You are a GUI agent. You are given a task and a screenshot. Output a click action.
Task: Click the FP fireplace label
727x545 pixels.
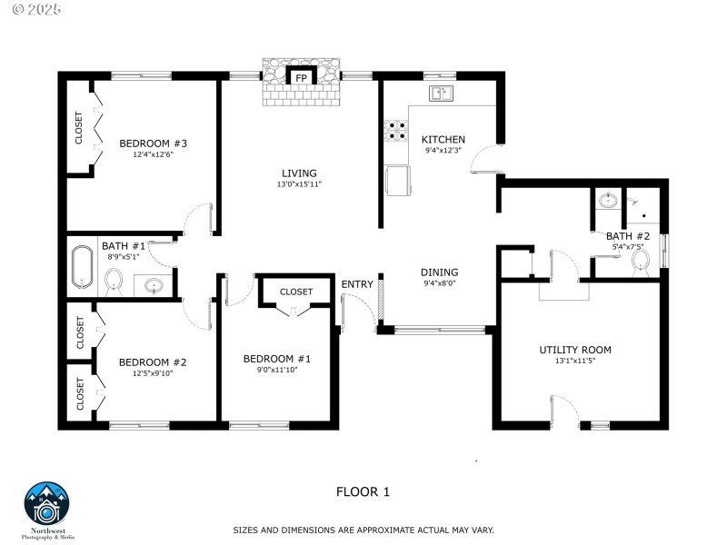click(x=300, y=78)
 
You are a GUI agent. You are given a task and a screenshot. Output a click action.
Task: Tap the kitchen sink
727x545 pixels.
click(x=443, y=93)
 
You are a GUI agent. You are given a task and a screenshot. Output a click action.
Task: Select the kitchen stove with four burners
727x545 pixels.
click(x=397, y=132)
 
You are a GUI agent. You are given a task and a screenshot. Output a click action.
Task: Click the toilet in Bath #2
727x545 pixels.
click(x=641, y=261)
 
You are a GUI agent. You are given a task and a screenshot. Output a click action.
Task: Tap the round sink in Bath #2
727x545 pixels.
click(x=608, y=202)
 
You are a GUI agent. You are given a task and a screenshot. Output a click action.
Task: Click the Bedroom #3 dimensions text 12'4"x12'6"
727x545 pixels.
click(x=153, y=154)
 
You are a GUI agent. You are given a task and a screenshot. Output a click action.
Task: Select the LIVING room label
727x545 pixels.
click(x=299, y=173)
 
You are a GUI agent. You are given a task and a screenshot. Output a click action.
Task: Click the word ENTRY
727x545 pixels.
click(x=357, y=284)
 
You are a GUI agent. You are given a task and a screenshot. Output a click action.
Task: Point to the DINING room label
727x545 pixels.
click(x=439, y=272)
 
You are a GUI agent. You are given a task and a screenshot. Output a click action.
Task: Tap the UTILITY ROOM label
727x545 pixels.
click(x=574, y=350)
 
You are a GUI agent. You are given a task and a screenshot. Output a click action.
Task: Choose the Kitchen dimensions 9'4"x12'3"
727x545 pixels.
click(x=443, y=150)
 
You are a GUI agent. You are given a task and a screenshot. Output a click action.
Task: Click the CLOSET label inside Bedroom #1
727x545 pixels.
click(x=296, y=292)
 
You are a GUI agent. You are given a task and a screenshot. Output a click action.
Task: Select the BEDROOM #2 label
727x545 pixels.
click(x=153, y=362)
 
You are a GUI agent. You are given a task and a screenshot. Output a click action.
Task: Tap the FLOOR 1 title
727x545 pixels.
click(x=363, y=491)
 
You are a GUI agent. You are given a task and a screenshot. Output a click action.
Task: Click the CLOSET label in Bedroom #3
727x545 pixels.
click(x=78, y=128)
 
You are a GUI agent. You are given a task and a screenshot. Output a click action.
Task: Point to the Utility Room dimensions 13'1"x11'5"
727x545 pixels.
click(x=574, y=361)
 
